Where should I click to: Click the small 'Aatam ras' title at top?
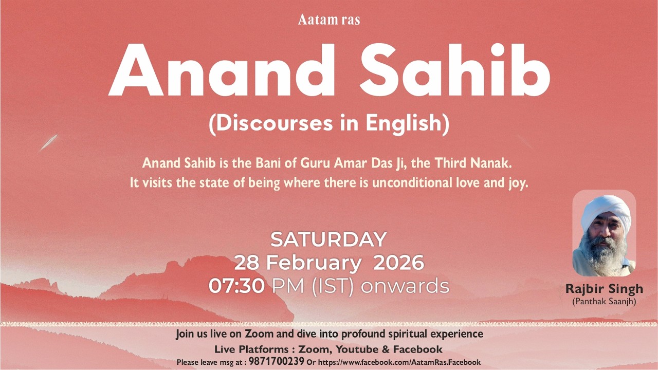click(329, 20)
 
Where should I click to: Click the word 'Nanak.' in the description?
click(492, 164)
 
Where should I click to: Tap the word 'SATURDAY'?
click(328, 239)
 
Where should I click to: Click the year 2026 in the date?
click(398, 263)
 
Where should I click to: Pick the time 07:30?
click(237, 286)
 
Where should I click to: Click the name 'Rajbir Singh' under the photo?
click(604, 289)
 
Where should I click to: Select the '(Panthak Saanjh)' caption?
click(604, 302)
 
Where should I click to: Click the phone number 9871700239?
click(277, 361)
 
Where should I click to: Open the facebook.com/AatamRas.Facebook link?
click(399, 362)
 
